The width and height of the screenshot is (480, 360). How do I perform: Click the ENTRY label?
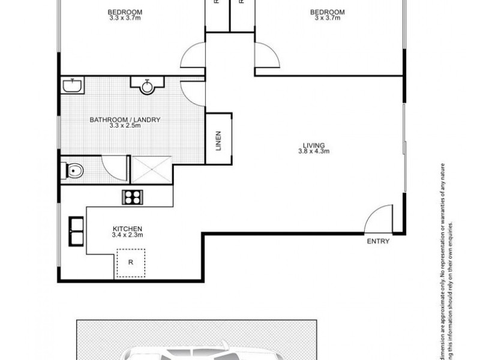pos(378,242)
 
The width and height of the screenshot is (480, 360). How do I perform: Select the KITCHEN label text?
pos(127,229)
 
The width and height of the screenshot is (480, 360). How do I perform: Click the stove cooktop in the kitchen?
pos(131,196)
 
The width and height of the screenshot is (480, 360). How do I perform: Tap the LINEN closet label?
pos(219,141)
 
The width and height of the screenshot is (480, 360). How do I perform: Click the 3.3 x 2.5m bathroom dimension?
pos(125,126)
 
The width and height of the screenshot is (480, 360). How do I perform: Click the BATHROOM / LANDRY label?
pos(125,120)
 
